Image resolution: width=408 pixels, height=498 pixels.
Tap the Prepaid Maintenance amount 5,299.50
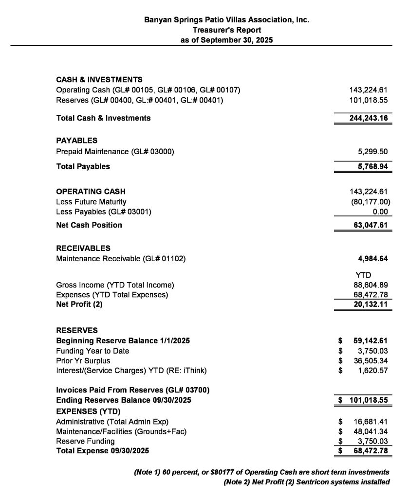[371, 152]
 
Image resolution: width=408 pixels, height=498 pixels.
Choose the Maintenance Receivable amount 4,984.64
[371, 259]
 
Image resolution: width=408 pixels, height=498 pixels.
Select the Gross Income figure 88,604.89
[370, 285]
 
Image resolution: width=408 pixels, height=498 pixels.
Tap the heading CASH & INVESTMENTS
[99, 80]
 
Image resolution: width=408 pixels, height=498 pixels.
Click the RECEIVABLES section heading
[83, 248]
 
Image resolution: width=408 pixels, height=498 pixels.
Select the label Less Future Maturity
[91, 202]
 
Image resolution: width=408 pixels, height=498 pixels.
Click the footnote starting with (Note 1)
[261, 472]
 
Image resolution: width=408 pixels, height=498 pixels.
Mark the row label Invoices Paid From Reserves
[133, 390]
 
